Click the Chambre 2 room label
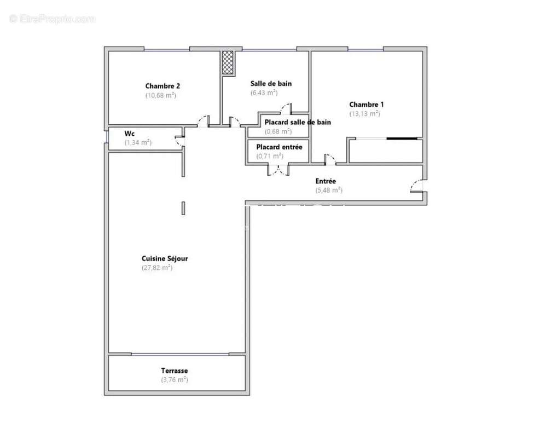click(x=162, y=86)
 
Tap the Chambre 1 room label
click(x=367, y=105)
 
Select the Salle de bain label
click(x=271, y=84)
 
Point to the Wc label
click(x=130, y=134)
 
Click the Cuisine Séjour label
click(x=165, y=258)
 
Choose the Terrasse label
click(x=174, y=371)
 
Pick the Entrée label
click(x=326, y=181)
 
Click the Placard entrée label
click(x=279, y=147)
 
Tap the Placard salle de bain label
click(x=297, y=123)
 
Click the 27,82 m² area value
click(x=157, y=268)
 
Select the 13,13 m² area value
click(x=364, y=114)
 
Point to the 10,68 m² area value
click(x=160, y=95)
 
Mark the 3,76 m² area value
click(x=174, y=379)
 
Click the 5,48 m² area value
click(x=328, y=191)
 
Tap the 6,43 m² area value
click(x=264, y=93)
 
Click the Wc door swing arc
click(x=178, y=141)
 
